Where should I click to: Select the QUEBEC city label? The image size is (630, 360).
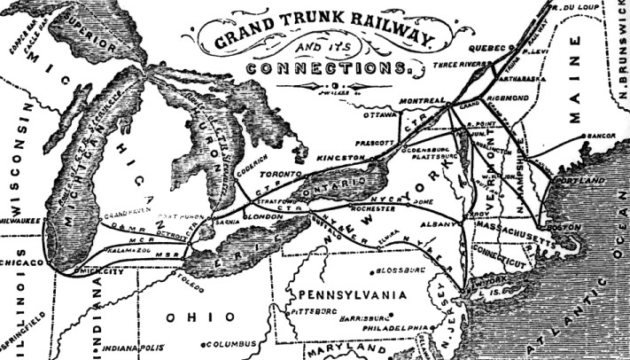click(x=482, y=46)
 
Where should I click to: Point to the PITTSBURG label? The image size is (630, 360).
click(x=315, y=312)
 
